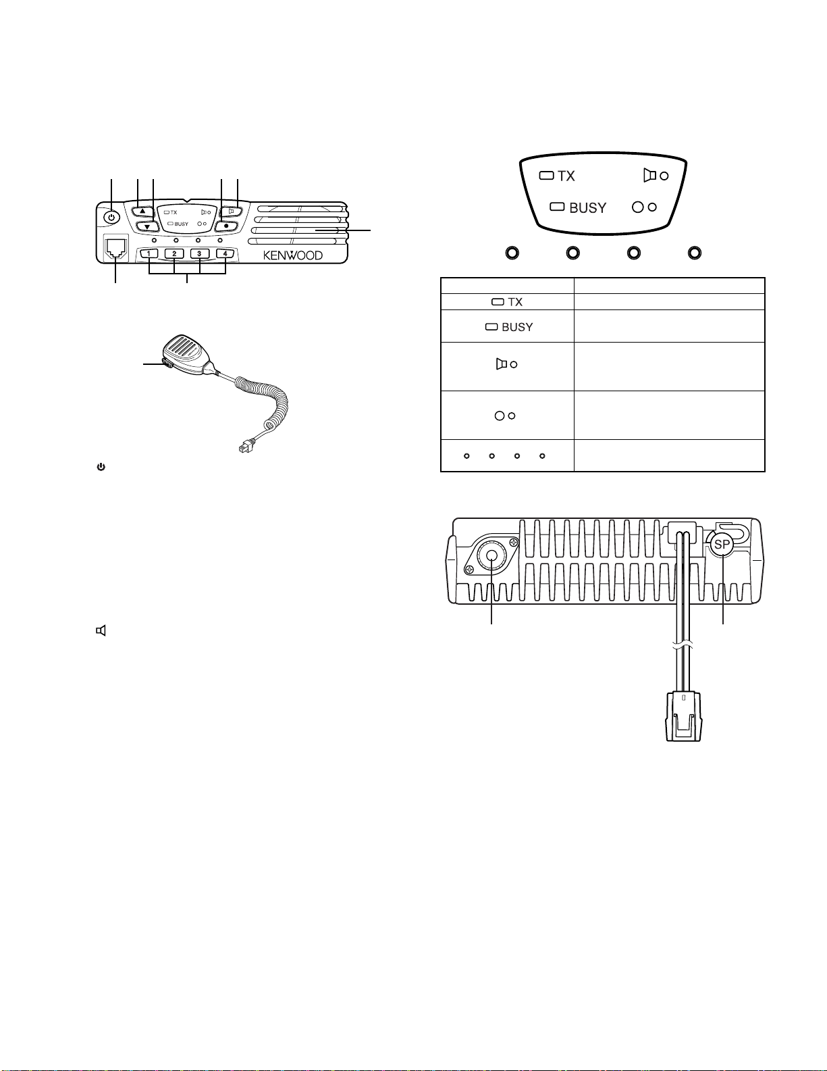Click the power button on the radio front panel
point(112,217)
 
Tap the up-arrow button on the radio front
point(142,210)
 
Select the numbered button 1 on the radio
point(149,254)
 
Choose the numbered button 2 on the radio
point(174,254)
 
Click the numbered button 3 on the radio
point(199,254)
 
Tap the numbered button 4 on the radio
point(225,254)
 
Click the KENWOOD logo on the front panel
point(293,255)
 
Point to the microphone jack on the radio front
point(116,248)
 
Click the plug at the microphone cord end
point(245,447)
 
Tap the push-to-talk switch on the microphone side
point(166,364)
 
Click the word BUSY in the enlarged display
point(588,208)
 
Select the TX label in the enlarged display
point(566,176)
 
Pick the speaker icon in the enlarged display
point(649,176)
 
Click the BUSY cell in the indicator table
point(507,326)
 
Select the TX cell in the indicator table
point(507,301)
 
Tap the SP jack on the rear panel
point(722,545)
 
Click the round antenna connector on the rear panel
point(491,556)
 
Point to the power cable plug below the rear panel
point(684,716)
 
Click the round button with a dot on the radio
point(226,227)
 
